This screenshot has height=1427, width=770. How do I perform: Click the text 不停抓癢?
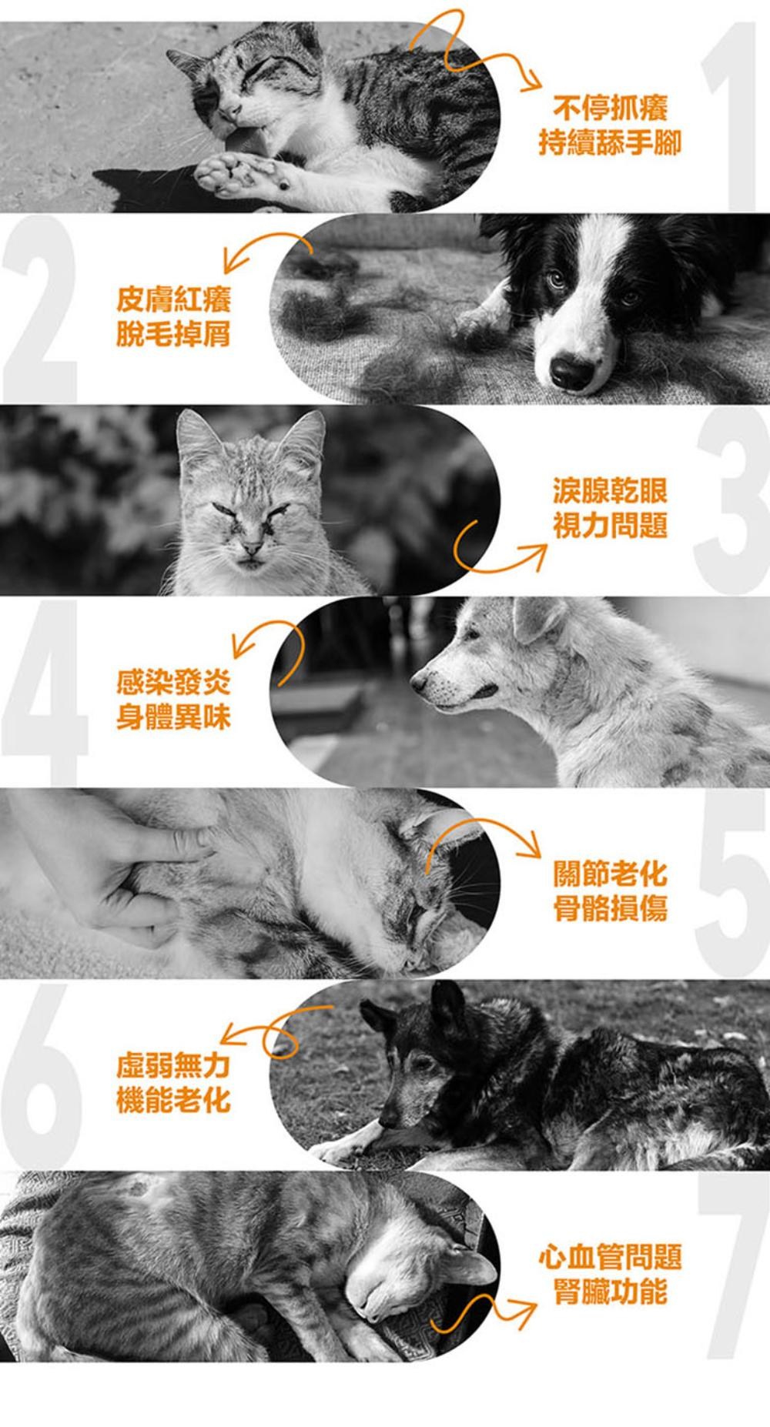(x=610, y=109)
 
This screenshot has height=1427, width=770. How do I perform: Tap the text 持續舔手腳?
(x=610, y=142)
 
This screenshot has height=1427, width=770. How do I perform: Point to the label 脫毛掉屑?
(x=173, y=333)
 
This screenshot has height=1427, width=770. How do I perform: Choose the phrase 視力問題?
(x=610, y=525)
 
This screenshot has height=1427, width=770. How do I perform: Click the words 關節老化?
(x=610, y=874)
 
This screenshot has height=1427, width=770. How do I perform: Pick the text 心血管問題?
(x=610, y=1257)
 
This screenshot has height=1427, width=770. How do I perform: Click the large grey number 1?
(x=731, y=115)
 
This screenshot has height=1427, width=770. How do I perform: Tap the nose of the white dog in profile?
(x=418, y=680)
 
